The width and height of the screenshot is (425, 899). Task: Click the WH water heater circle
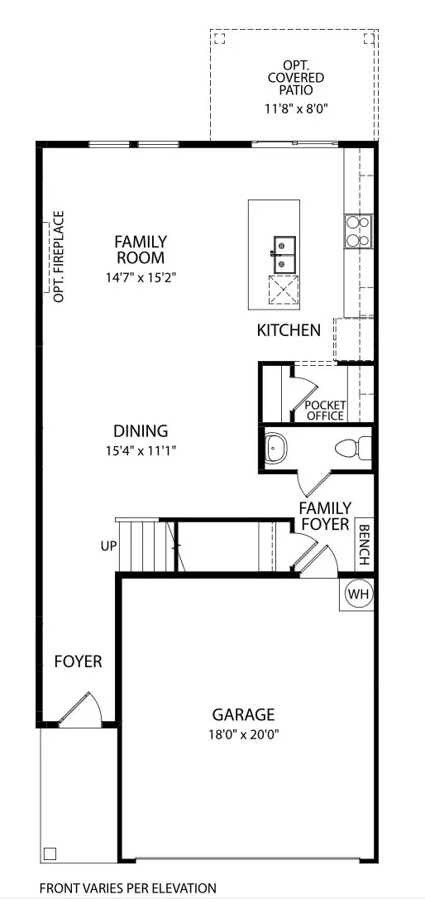click(x=357, y=594)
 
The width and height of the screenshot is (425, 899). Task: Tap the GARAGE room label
click(x=243, y=714)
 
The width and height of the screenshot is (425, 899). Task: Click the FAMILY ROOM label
click(x=141, y=250)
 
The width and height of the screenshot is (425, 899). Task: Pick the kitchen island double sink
click(x=284, y=253)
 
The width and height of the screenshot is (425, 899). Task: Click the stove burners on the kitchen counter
click(x=358, y=231)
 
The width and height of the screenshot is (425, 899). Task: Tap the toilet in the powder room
click(x=351, y=448)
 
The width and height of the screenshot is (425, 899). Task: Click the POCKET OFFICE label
click(x=325, y=410)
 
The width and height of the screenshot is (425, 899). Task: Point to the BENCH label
click(x=364, y=544)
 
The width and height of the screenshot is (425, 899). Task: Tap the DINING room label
click(x=141, y=431)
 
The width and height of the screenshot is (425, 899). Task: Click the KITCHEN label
click(x=289, y=330)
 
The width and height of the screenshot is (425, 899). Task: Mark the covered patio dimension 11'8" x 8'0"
click(x=295, y=108)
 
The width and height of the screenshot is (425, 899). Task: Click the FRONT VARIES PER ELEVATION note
click(x=128, y=887)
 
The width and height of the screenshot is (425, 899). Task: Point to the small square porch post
click(x=50, y=853)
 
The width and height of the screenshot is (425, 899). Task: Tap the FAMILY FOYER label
click(x=325, y=516)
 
